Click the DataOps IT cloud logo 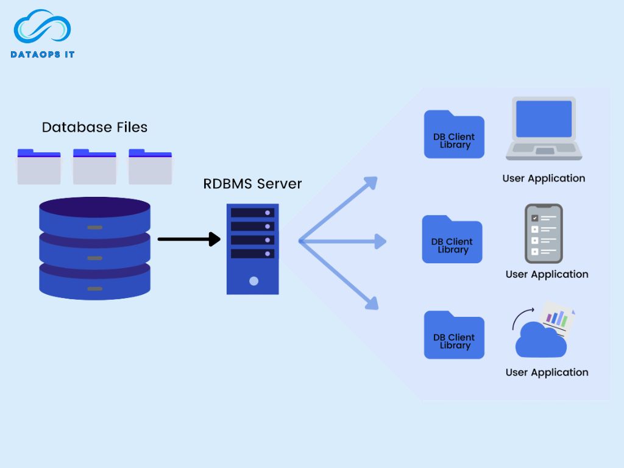pyautogui.click(x=43, y=28)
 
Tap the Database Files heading pyautogui.click(x=94, y=127)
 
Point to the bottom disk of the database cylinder pyautogui.click(x=94, y=283)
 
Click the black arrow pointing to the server pyautogui.click(x=189, y=239)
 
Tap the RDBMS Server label pyautogui.click(x=252, y=183)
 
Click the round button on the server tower pyautogui.click(x=253, y=281)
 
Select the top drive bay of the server pyautogui.click(x=252, y=213)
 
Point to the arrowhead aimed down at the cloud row pyautogui.click(x=372, y=302)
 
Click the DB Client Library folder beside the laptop pyautogui.click(x=454, y=135)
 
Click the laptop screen pyautogui.click(x=544, y=119)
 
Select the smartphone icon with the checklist pyautogui.click(x=544, y=233)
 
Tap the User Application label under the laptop pyautogui.click(x=544, y=179)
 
